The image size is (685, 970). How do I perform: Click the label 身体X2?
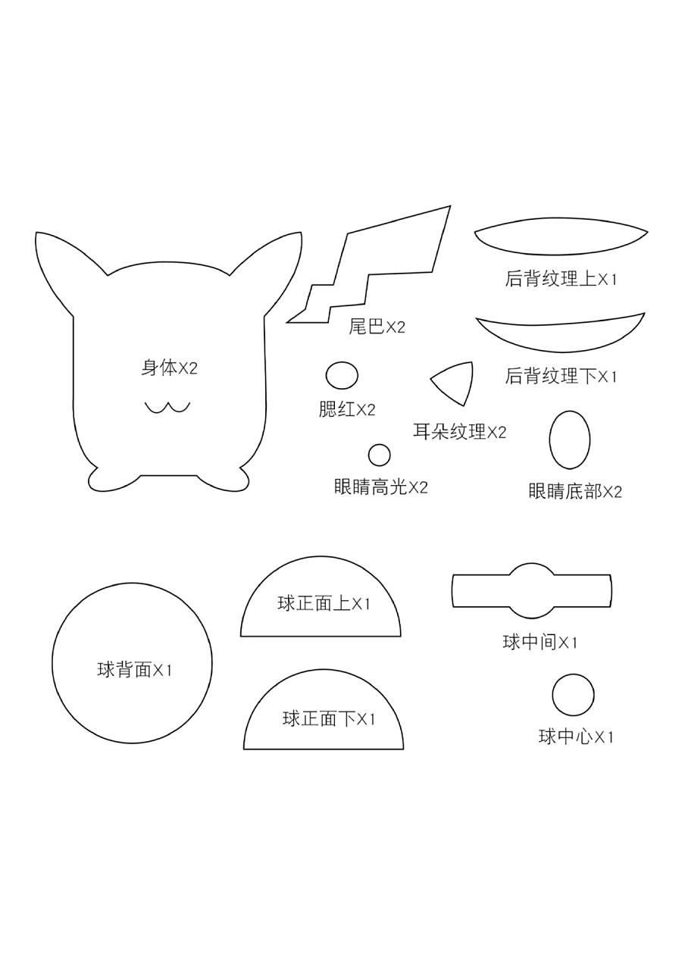(169, 368)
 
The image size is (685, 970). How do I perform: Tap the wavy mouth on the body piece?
(167, 408)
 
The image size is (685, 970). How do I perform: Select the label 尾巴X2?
(377, 327)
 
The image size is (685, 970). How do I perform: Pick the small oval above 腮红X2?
(342, 375)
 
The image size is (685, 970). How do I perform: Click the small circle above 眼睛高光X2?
(379, 455)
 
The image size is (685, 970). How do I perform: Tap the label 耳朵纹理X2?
(459, 432)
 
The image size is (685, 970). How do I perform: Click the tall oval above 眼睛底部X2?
(569, 440)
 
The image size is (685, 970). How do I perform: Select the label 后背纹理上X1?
(561, 279)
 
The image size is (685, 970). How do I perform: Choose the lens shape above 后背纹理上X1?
(561, 239)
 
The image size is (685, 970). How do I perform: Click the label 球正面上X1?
(324, 604)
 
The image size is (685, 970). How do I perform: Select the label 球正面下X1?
(329, 718)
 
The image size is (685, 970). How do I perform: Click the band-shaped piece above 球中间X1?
(531, 590)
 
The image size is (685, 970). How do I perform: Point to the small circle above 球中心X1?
(573, 695)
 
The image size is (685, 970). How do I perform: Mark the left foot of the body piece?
(106, 480)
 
